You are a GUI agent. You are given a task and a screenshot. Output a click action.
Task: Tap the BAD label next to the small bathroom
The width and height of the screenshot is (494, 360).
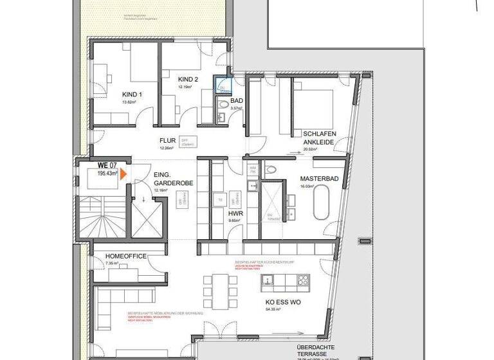pos(237,101)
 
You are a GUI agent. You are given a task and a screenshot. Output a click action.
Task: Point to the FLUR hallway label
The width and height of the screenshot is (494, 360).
pos(168,140)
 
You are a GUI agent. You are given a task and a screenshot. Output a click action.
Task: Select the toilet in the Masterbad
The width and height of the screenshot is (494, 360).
pos(271,169)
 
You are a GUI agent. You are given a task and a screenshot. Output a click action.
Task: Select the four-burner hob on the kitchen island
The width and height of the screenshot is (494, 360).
pos(300,281)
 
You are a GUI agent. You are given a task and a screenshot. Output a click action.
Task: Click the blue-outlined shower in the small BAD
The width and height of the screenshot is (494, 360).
pos(223,87)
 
